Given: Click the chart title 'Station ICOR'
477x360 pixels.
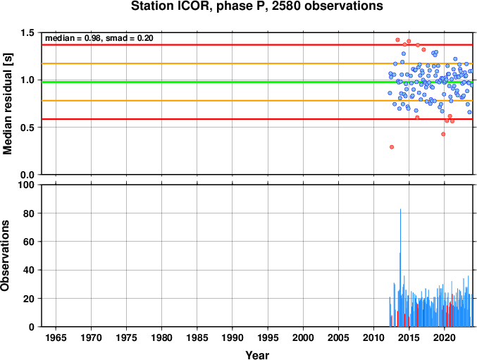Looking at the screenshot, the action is pos(169,6).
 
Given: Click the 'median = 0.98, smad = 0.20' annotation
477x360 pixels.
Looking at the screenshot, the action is pos(99,38).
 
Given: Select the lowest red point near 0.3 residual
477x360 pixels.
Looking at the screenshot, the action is pos(392,147).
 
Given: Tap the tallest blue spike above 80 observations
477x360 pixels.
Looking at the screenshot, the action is pos(400,268).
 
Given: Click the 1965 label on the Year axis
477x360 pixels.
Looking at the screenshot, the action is pos(56,337).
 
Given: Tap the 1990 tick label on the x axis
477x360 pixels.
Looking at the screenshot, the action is pos(233,337).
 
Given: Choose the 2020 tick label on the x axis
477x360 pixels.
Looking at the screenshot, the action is pos(445,337).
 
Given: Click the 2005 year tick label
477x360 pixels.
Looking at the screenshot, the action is pos(338,337).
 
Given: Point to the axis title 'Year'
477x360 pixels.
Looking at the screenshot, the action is pos(257,355).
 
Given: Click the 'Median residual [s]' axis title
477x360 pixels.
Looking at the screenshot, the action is pos(7,104).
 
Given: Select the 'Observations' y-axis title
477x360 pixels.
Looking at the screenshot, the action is pos(5,256).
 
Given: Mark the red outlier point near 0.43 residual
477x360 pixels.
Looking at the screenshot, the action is pos(443,134).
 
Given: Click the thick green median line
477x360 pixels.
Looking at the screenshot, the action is pos(257,82).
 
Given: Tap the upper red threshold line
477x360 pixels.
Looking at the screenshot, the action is pos(257,44).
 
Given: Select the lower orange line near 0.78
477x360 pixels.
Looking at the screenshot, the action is pos(257,101).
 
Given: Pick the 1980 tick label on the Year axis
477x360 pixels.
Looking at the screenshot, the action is pos(161,337).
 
